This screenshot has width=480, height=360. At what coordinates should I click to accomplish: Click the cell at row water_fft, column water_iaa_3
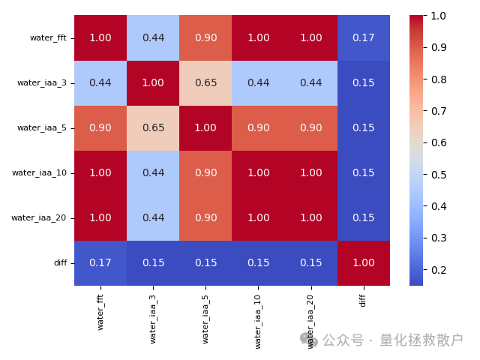tap(153, 37)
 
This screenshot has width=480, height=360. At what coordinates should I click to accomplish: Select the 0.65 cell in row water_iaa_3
tap(205, 82)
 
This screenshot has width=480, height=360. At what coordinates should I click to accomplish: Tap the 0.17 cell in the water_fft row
tap(364, 37)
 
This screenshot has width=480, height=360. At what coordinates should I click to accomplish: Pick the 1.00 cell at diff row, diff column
tap(364, 262)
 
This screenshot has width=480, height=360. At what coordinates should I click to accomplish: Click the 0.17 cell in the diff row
tap(100, 262)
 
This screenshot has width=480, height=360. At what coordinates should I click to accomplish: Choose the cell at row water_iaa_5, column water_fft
tap(100, 127)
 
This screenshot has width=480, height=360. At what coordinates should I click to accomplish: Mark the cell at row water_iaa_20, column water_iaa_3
tap(153, 217)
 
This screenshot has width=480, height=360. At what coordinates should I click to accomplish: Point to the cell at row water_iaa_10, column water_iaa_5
tap(205, 172)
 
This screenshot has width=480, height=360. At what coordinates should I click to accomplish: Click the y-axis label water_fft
tap(48, 37)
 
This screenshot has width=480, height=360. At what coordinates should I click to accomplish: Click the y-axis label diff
tap(60, 262)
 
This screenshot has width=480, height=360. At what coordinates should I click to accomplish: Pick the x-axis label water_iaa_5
tap(205, 316)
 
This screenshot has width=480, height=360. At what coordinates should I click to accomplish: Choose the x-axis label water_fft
tap(100, 312)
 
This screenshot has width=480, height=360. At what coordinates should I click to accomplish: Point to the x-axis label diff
tap(364, 300)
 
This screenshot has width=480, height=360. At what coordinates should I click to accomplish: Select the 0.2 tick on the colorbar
tap(439, 269)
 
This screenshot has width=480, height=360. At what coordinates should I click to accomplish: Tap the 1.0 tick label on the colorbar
tap(439, 16)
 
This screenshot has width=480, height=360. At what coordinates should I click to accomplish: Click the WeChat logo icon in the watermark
tap(309, 340)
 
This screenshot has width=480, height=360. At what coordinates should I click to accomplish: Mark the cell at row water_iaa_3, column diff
tap(364, 82)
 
